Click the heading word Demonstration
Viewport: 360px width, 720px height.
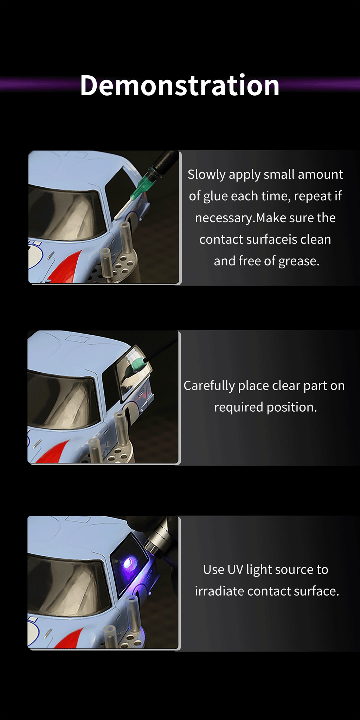tap(180, 85)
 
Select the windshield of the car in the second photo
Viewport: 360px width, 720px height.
tap(63, 401)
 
